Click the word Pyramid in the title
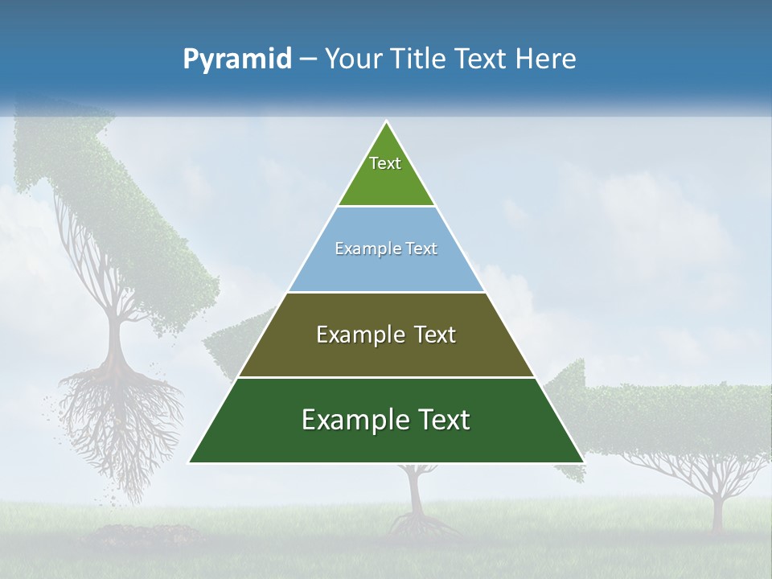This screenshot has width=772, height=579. [237, 60]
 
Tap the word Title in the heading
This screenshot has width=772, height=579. [421, 60]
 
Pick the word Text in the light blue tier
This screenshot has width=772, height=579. [419, 249]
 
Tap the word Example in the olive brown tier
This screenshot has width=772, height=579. [359, 335]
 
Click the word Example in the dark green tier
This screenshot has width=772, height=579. [351, 421]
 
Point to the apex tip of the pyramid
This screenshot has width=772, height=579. [386, 122]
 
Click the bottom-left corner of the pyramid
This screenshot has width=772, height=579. [191, 462]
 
